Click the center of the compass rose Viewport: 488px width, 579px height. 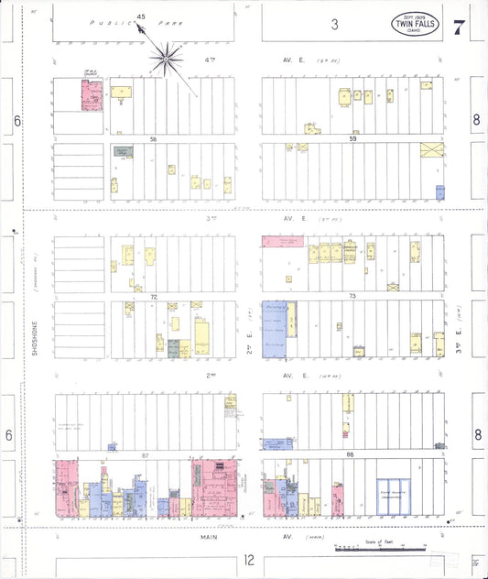(167, 60)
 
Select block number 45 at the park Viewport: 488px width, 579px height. (140, 16)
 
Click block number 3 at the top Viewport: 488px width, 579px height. (335, 24)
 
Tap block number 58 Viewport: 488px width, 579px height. (154, 139)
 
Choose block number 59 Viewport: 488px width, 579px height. (352, 139)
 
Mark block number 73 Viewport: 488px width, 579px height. (352, 298)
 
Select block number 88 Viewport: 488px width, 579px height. (349, 455)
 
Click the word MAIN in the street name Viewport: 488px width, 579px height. (209, 537)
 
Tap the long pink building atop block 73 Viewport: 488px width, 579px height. (283, 242)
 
